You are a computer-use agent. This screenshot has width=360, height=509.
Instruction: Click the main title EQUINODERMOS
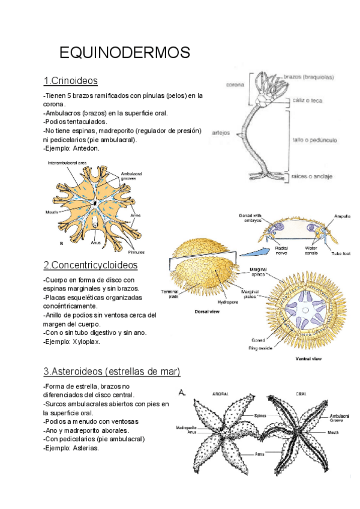point(125,53)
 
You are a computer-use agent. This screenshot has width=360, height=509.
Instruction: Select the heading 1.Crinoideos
point(70,80)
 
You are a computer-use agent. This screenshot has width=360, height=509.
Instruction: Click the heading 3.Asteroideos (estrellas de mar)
point(112,370)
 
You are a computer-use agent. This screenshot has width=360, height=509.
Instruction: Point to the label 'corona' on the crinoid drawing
point(235,85)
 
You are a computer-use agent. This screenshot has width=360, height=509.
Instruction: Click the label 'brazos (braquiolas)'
point(308,76)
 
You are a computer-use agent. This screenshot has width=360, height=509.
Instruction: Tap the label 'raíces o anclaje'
point(312,176)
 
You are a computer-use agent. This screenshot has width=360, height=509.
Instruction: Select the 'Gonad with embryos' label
point(250,218)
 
